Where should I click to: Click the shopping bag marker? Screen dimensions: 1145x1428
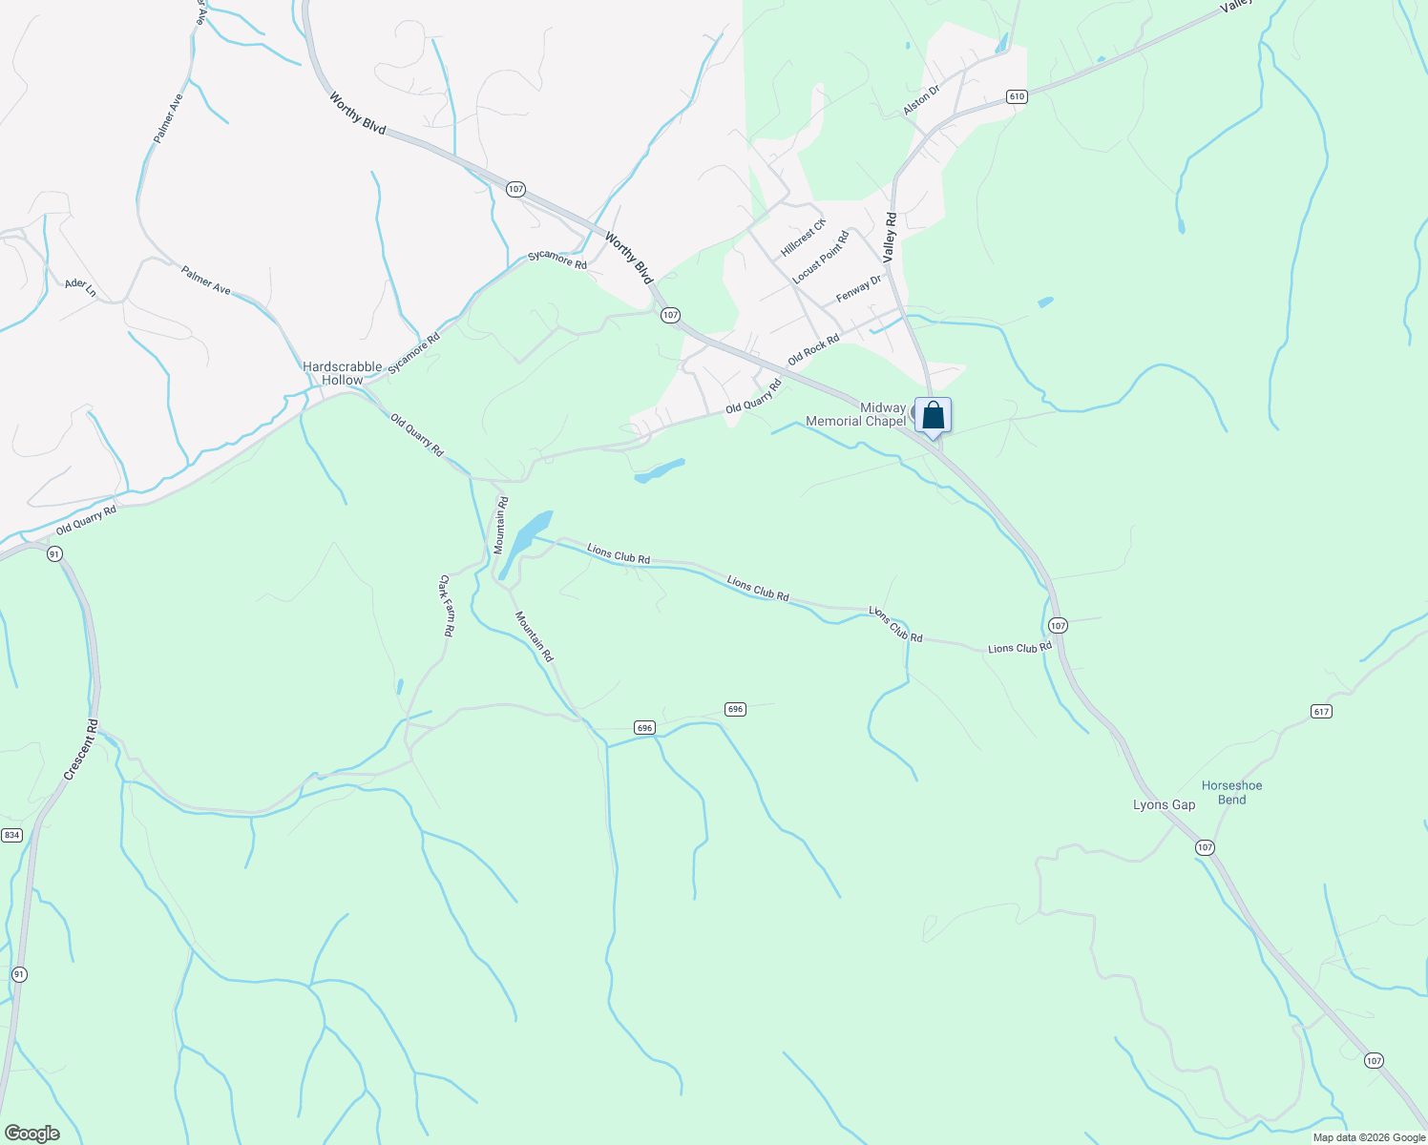point(933,416)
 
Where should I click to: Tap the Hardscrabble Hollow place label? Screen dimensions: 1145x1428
point(342,373)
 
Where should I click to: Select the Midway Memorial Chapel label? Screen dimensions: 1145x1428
point(856,414)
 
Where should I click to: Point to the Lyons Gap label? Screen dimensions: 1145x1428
point(1164,804)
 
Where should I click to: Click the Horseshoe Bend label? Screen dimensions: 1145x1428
point(1231,793)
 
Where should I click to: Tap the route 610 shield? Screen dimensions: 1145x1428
point(1016,96)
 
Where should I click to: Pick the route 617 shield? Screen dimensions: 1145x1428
point(1321,712)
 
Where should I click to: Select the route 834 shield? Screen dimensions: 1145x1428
point(11,835)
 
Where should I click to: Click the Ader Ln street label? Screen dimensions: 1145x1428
point(80,286)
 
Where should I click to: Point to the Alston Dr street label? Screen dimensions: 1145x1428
point(922,100)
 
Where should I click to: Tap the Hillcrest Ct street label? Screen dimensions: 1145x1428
point(803,238)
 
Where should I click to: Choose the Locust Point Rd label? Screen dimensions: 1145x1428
point(820,258)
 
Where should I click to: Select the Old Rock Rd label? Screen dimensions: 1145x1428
point(813,349)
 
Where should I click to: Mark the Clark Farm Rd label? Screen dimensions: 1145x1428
point(446,605)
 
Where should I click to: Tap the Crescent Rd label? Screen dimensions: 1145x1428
point(81,749)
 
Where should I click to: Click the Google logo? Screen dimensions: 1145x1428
point(32,1134)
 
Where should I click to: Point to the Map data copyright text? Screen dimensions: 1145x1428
point(1367,1137)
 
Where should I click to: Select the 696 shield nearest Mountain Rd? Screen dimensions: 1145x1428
point(644,728)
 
